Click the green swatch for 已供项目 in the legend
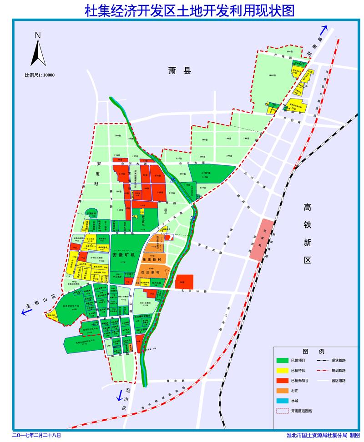[x=283, y=360]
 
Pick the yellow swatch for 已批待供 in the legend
[x=283, y=370]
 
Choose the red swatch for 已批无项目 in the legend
[x=283, y=380]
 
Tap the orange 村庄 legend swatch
[x=283, y=391]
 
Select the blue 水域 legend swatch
[x=283, y=401]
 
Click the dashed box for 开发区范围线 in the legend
[x=283, y=411]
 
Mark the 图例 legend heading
[x=313, y=352]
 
